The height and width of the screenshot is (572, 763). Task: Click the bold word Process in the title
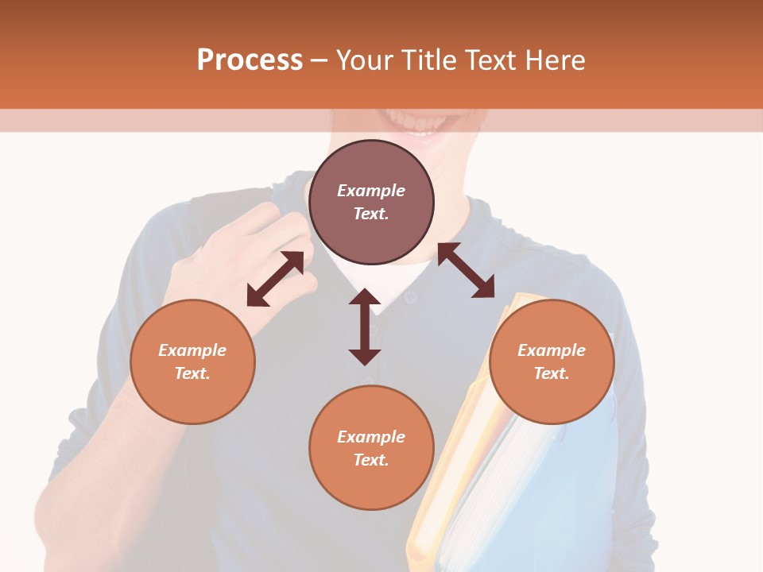250,60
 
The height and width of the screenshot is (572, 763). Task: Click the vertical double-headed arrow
365,327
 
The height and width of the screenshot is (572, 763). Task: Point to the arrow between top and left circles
275,279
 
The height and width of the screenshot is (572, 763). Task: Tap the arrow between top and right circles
466,270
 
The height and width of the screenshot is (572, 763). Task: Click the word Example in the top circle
371,191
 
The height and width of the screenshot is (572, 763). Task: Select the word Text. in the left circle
192,373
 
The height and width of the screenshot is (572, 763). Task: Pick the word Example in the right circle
552,350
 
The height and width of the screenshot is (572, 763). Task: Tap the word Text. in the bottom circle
371,460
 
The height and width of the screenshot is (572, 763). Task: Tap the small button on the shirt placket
410,297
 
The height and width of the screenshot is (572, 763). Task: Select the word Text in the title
490,60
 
